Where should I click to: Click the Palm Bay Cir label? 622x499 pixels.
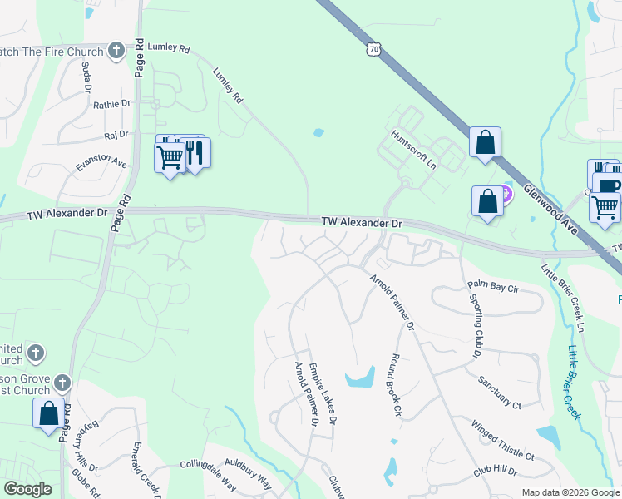tap(492, 288)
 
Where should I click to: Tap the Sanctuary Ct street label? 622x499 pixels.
tap(500, 393)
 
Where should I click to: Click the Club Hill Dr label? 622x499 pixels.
tap(496, 471)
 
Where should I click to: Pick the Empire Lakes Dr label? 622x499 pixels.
tap(323, 393)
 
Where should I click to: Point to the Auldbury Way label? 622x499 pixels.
tap(248, 481)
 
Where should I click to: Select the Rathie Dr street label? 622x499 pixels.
tap(112, 104)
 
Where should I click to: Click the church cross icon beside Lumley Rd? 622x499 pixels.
tap(116, 51)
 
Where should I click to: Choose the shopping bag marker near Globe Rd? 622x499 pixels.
tap(48, 413)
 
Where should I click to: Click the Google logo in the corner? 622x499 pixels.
tap(27, 489)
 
